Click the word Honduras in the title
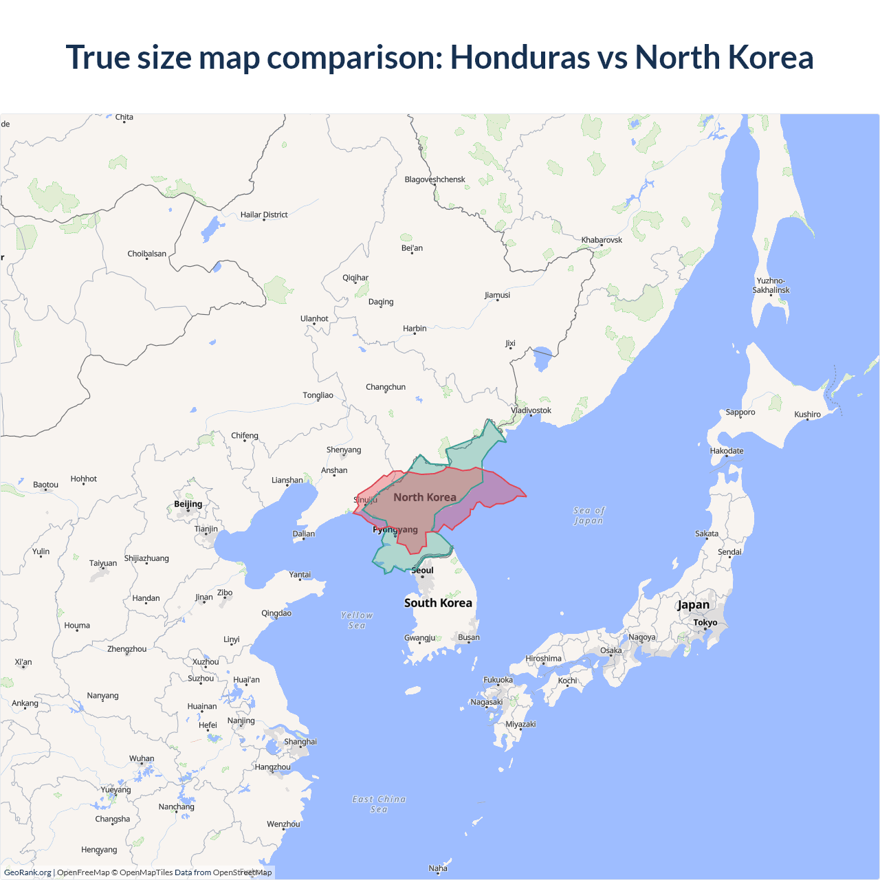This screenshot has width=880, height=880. [x=520, y=57]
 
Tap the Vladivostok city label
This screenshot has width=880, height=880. [x=531, y=410]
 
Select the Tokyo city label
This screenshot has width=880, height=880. [x=705, y=622]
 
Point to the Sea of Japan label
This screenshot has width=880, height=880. [x=589, y=516]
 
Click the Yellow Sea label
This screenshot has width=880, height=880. [x=357, y=620]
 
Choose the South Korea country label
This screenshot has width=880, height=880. [x=438, y=603]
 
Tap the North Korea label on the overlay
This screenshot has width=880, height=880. [x=425, y=497]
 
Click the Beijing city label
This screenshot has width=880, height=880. [x=188, y=504]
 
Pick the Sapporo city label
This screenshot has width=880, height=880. [x=740, y=412]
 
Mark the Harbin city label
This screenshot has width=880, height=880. [x=415, y=329]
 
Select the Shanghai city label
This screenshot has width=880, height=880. [x=300, y=742]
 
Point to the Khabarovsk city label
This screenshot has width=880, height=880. [x=602, y=240]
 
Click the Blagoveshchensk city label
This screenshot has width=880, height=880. [x=434, y=179]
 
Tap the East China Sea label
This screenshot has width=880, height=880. [x=379, y=804]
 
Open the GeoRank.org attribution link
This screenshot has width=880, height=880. [x=27, y=872]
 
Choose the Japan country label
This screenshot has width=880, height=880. [x=693, y=605]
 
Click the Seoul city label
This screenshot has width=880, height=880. [x=423, y=571]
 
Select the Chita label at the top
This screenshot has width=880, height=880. [x=124, y=117]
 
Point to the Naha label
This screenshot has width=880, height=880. [x=438, y=868]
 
